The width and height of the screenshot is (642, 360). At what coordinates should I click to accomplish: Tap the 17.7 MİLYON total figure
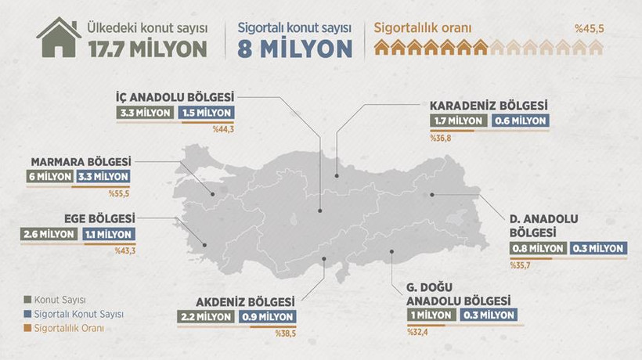pos(149,49)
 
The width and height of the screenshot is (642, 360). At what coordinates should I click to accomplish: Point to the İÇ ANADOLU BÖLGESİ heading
pos(173,98)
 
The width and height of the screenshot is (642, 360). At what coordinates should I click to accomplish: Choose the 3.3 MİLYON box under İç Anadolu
pos(145,113)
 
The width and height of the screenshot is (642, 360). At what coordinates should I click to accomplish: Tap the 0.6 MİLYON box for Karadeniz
pos(520,121)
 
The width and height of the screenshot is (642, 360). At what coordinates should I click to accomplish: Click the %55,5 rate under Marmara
pos(118,192)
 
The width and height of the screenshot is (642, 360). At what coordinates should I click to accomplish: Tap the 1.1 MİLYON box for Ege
pos(107,233)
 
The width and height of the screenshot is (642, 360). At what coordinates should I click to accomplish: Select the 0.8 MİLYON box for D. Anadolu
pos(537,249)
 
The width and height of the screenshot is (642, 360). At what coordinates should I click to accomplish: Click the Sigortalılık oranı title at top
pos(423,28)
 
